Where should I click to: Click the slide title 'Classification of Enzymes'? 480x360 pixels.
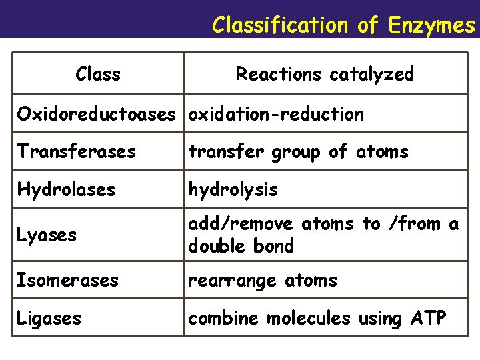pyautogui.click(x=343, y=25)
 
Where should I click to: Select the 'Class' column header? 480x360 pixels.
pyautogui.click(x=98, y=73)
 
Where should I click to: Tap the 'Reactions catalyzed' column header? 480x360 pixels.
pyautogui.click(x=325, y=73)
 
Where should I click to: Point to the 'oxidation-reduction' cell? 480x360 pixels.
pyautogui.click(x=276, y=114)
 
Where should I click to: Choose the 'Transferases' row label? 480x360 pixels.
pyautogui.click(x=77, y=151)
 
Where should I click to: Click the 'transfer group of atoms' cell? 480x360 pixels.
pyautogui.click(x=298, y=151)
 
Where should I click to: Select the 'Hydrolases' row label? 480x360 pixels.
pyautogui.click(x=67, y=189)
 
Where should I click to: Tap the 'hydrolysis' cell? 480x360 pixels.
pyautogui.click(x=233, y=189)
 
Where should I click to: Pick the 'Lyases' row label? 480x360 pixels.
pyautogui.click(x=47, y=235)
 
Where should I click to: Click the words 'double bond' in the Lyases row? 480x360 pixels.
pyautogui.click(x=241, y=246)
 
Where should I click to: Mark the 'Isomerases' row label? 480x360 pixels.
pyautogui.click(x=68, y=280)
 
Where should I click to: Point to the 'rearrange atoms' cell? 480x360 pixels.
pyautogui.click(x=263, y=280)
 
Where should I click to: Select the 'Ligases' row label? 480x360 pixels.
pyautogui.click(x=49, y=318)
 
